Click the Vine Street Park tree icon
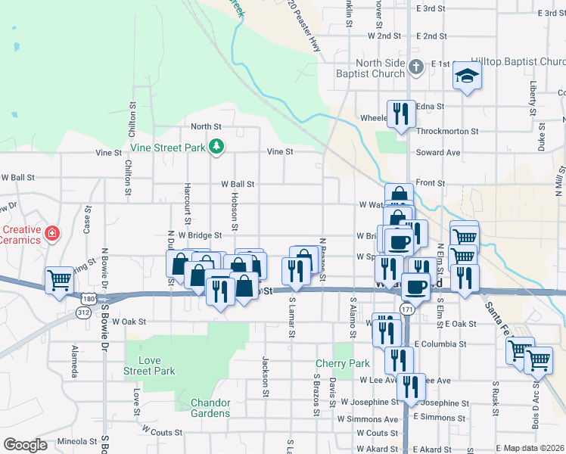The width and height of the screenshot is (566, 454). (217, 146)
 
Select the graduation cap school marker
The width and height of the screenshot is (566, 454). (467, 76)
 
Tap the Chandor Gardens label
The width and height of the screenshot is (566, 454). (210, 408)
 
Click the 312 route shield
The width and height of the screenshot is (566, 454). (83, 312)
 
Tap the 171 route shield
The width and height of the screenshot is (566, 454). (407, 309)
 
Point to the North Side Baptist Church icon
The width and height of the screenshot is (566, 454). (415, 68)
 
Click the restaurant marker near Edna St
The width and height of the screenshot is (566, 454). (400, 114)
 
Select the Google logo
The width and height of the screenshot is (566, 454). (25, 444)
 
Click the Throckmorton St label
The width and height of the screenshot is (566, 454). (447, 131)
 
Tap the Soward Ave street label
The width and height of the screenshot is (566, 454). (438, 152)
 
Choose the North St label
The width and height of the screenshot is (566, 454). (206, 127)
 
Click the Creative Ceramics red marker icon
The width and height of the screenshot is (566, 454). (51, 232)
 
